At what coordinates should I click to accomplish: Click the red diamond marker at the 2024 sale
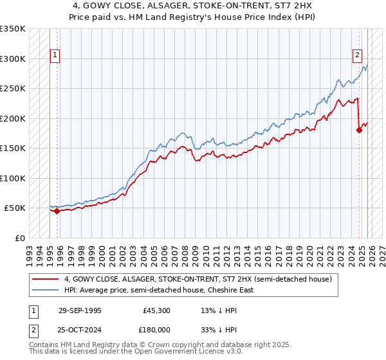(360, 130)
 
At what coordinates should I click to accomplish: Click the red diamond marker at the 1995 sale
(57, 210)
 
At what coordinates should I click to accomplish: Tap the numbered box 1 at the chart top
(55, 56)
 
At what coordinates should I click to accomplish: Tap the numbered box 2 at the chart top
(357, 56)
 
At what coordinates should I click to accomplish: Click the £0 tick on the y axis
(19, 238)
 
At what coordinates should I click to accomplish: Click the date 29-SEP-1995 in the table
(80, 310)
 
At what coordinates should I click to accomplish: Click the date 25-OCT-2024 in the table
(80, 330)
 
